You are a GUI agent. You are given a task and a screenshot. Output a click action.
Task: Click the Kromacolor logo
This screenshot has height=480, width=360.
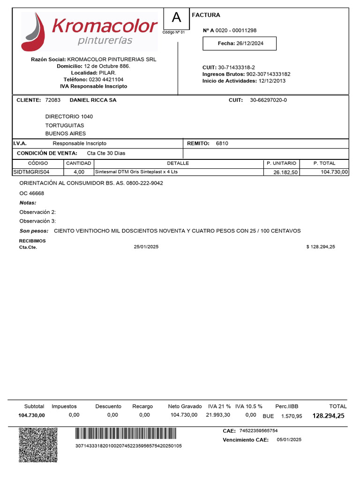coord(89,31)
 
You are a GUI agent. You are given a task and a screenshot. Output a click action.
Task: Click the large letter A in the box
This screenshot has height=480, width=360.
coord(176,18)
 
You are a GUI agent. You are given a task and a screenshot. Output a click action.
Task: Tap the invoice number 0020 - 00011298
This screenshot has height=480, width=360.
coord(236,30)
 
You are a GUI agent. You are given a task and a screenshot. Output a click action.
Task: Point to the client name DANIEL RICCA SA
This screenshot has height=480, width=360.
coord(93,100)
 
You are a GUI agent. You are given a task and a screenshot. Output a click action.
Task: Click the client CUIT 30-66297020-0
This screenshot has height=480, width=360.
coord(268,100)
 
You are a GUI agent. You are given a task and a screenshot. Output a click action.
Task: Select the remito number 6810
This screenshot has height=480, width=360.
coord(222,143)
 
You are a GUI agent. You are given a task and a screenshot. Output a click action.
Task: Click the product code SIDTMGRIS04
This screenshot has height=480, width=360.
coord(31,172)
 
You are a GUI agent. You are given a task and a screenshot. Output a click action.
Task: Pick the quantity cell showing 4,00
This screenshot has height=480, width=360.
coord(79,172)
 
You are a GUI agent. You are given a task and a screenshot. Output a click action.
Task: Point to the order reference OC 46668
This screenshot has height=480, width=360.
coord(32,193)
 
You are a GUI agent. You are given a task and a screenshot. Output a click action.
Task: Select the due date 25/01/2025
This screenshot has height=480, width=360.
coord(146,247)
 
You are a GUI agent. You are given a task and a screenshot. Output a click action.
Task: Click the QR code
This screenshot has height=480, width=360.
coord(38,444)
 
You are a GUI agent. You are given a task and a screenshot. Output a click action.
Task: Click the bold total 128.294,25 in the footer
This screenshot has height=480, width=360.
coord(328,416)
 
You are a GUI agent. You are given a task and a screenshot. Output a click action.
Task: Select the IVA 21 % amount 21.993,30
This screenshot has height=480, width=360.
coord(218,415)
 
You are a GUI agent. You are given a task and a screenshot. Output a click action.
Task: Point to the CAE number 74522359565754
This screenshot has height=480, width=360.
coord(258,431)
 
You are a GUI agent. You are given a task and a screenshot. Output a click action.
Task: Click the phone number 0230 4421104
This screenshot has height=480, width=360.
coord(106,80)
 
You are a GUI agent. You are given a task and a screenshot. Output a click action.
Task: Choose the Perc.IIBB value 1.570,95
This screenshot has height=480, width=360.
coord(292,416)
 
